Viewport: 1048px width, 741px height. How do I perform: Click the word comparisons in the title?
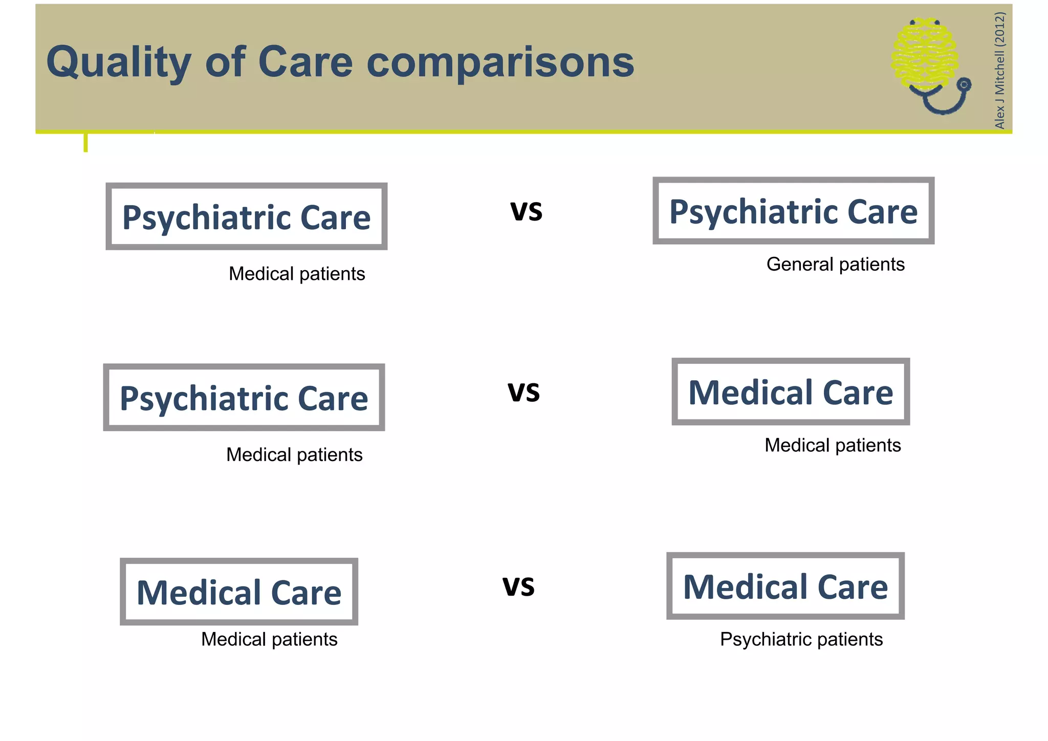[x=500, y=62]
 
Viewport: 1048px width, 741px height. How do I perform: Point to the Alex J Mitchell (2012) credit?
[x=999, y=70]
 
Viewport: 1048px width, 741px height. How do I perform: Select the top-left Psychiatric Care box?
[x=246, y=216]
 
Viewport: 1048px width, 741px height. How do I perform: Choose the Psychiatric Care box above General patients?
[x=793, y=211]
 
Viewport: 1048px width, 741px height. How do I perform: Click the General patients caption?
[x=835, y=265]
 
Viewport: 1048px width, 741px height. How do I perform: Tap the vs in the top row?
[x=526, y=210]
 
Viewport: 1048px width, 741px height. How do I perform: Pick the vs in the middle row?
[x=523, y=391]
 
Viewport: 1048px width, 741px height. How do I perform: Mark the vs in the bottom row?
[x=518, y=586]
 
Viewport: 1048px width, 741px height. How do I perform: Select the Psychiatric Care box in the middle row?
[x=244, y=398]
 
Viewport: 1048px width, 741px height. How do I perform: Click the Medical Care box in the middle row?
[x=791, y=392]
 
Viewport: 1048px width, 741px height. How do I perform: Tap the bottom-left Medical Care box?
[x=239, y=592]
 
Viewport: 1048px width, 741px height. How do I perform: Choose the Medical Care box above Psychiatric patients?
[x=785, y=586]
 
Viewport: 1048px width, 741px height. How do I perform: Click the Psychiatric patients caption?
[x=801, y=639]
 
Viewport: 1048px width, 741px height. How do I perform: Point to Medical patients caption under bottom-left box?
[x=269, y=639]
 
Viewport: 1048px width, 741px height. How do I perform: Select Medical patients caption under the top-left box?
[x=297, y=274]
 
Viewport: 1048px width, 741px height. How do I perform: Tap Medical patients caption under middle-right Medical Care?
[x=833, y=445]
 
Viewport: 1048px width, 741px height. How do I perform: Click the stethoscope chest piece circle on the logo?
[x=964, y=84]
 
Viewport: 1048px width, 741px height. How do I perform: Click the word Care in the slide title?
[x=305, y=62]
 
